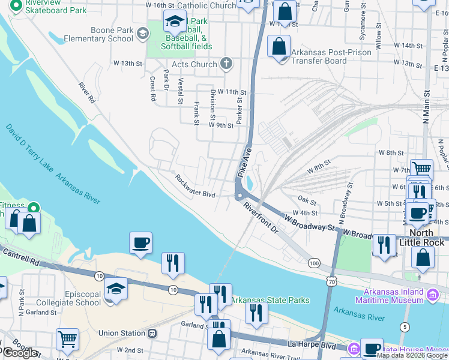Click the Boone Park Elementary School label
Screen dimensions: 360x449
click(x=112, y=34)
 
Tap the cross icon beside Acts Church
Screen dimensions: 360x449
click(x=226, y=62)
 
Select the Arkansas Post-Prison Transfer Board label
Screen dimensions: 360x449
click(x=328, y=56)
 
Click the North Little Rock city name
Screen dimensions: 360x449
click(x=426, y=238)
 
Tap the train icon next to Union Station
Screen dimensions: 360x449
click(x=152, y=333)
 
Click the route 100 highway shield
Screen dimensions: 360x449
click(x=313, y=263)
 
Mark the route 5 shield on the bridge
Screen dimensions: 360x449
click(x=406, y=326)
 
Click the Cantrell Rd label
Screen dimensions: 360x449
click(x=20, y=254)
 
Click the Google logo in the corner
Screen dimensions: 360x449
click(x=20, y=353)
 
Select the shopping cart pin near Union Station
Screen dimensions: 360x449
click(x=67, y=339)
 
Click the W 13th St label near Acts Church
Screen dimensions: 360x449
click(x=131, y=63)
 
